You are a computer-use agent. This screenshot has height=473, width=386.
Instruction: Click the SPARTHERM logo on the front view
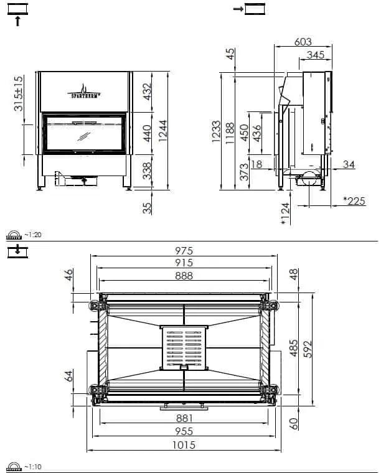tap(84, 91)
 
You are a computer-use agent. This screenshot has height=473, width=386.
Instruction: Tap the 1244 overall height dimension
tap(163, 131)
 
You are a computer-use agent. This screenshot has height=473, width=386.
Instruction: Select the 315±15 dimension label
tap(19, 93)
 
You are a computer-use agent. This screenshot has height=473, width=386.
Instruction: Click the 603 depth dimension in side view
tap(303, 42)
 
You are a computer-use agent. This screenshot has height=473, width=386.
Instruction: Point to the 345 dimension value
tap(316, 55)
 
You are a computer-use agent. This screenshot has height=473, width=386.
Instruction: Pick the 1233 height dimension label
tap(216, 131)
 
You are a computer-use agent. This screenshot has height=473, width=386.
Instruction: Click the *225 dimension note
tap(354, 200)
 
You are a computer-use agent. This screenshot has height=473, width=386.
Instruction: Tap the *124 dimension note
tap(285, 213)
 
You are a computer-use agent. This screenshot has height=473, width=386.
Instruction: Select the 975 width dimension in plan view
tap(184, 250)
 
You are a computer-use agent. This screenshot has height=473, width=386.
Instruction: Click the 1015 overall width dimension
tap(184, 445)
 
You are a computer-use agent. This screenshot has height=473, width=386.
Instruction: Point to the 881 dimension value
tap(184, 418)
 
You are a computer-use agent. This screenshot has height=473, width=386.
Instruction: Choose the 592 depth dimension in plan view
tap(308, 349)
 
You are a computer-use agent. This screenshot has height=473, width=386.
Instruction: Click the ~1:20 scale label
tap(33, 235)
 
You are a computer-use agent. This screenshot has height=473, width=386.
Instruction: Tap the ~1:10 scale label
tap(33, 467)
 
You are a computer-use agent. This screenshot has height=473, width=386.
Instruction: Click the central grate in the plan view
tap(184, 348)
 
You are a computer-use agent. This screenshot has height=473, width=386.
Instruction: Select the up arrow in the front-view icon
tap(18, 21)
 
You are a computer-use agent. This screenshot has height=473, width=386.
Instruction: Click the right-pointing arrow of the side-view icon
tap(238, 9)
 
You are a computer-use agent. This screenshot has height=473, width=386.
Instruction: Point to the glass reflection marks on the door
tap(83, 136)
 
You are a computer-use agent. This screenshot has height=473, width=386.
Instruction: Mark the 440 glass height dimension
tap(147, 133)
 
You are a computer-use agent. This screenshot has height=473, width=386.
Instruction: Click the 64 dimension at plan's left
tap(69, 376)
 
